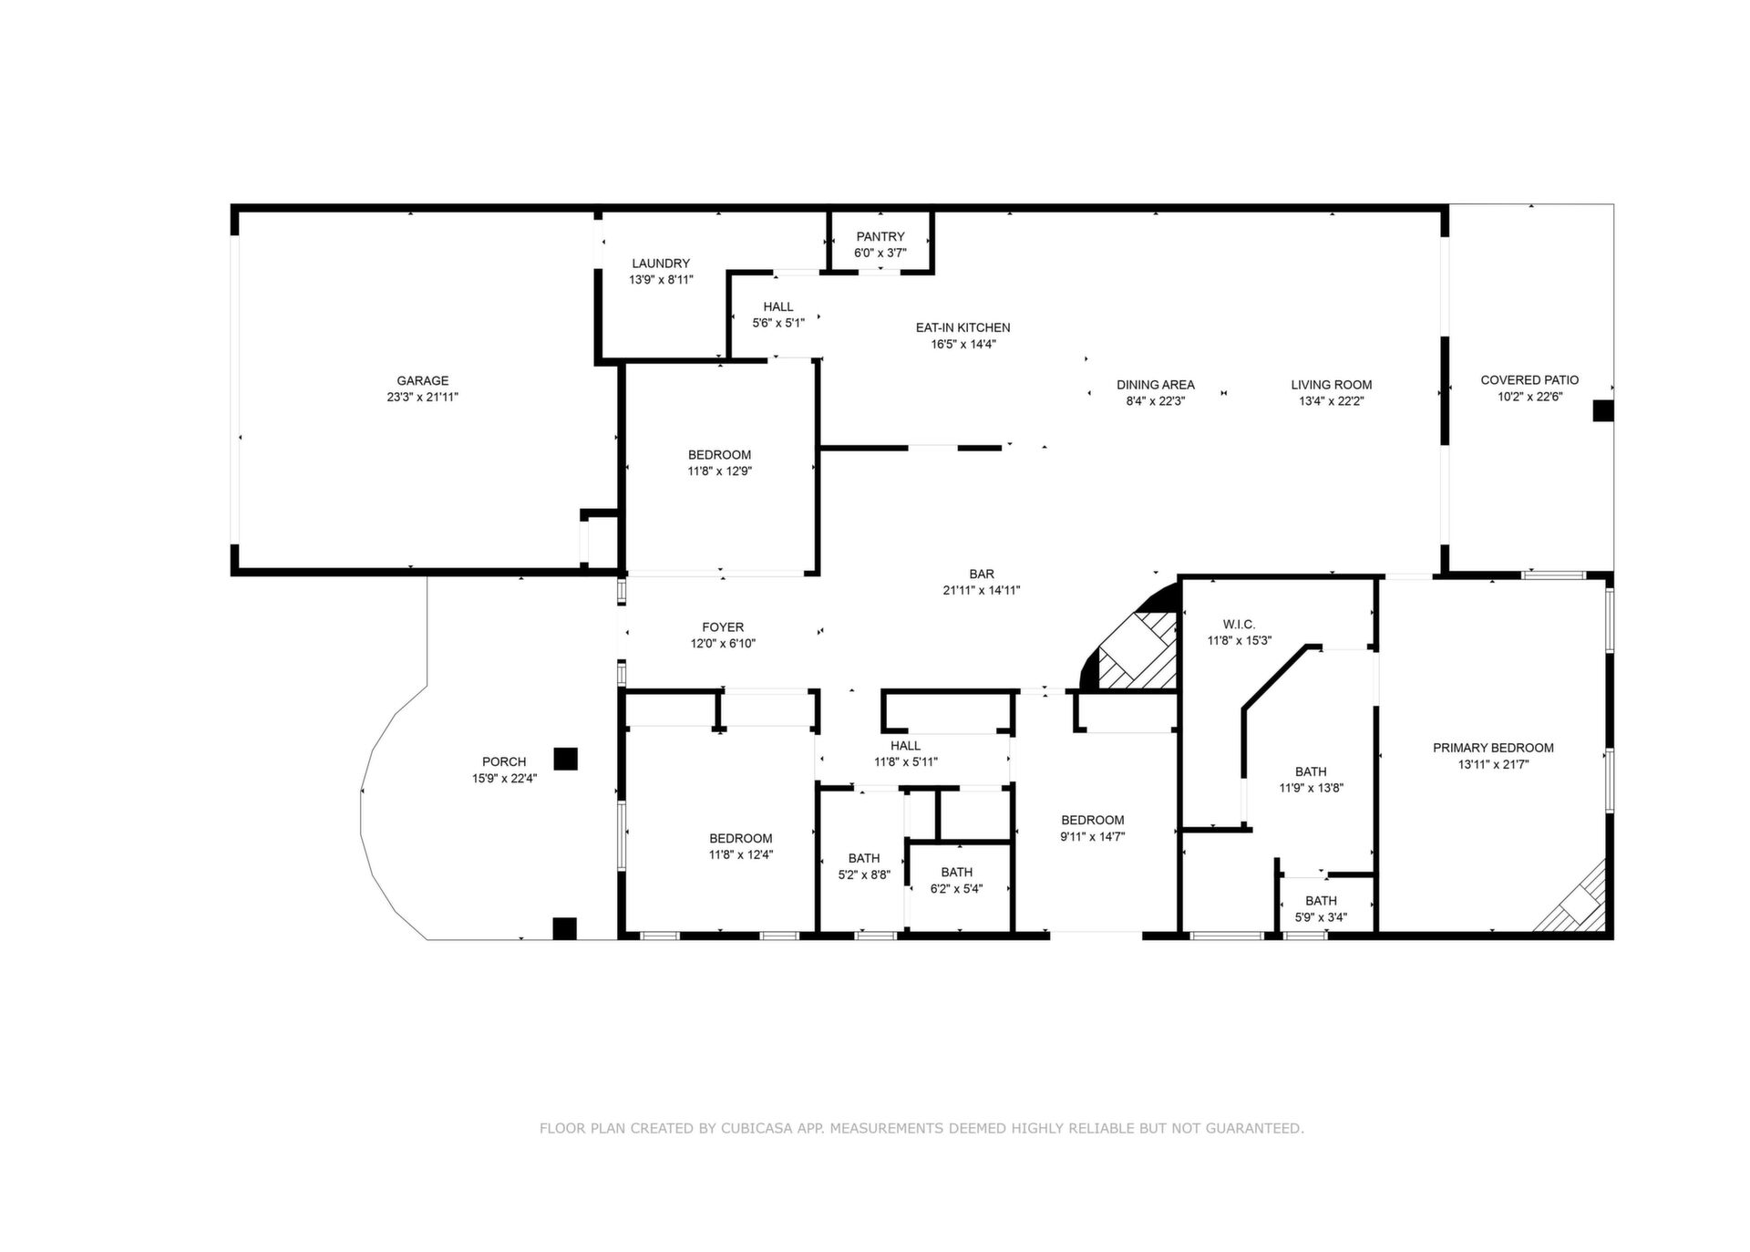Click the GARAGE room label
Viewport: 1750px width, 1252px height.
[422, 381]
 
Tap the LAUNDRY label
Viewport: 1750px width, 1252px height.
[661, 264]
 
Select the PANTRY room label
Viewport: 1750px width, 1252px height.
[880, 237]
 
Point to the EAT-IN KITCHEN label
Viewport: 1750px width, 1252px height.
[962, 327]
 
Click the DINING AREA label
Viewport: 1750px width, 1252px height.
[1156, 385]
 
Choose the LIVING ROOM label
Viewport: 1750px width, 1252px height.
[1332, 385]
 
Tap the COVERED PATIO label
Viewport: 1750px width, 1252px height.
[1529, 380]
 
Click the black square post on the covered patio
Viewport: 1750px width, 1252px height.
[1602, 411]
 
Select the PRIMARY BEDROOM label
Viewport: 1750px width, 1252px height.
[1493, 748]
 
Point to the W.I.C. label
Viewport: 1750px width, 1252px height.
[1239, 625]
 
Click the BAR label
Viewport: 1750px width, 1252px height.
[982, 574]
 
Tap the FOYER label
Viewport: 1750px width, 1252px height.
[723, 627]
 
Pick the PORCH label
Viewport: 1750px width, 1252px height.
[504, 762]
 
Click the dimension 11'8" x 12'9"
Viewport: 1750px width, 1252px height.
[720, 471]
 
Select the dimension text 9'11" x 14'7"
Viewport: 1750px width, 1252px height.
[1093, 836]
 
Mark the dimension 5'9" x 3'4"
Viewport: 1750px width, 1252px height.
[1321, 917]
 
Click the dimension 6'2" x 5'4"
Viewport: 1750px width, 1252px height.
[957, 889]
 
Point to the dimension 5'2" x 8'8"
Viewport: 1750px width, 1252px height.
[864, 874]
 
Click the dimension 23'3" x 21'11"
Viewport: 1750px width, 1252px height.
[422, 398]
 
